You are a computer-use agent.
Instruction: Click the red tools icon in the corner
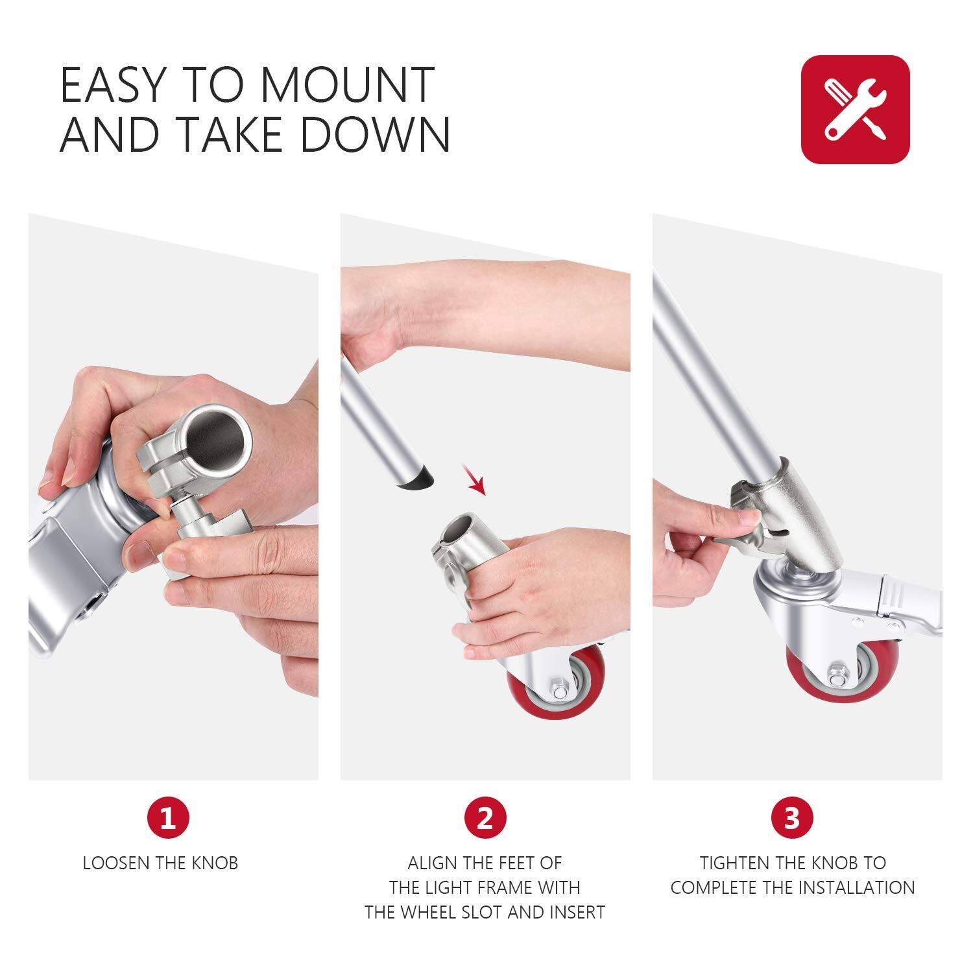[x=855, y=109]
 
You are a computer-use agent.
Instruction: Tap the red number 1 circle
[x=168, y=817]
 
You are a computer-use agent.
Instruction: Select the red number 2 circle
[x=485, y=817]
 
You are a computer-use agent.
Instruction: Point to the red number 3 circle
[x=791, y=817]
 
